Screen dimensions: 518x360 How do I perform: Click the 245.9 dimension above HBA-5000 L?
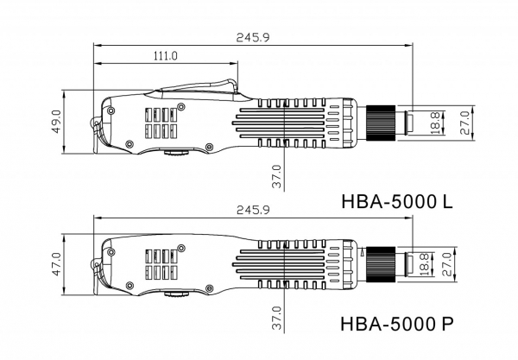coord(253,37)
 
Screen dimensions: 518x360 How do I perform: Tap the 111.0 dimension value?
coord(165,55)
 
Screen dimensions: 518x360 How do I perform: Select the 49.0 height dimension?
coord(56,122)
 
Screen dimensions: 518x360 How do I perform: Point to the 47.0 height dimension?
coord(56,264)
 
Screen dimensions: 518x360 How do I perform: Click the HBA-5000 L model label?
coord(397,201)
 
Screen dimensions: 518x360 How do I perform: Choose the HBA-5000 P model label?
coord(397,324)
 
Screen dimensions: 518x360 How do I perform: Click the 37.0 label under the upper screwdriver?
coord(277,177)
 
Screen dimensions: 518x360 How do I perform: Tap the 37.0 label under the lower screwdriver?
coord(277,318)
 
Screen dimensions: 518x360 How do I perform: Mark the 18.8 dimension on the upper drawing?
coord(435,123)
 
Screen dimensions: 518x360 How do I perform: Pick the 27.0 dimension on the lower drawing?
coord(446,264)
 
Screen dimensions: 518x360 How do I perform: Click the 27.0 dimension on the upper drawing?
coord(464,123)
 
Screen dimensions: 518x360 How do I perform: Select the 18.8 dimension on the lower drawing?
coord(424,264)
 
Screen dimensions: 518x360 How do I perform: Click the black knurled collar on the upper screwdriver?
coord(381,123)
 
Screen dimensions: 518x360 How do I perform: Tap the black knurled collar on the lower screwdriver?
coord(381,264)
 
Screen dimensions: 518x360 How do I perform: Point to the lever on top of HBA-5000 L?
coord(199,86)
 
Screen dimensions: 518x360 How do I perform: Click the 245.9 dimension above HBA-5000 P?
coord(253,210)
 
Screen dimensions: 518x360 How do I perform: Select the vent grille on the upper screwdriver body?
coord(161,123)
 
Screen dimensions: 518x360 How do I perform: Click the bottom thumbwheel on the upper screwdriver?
coord(177,153)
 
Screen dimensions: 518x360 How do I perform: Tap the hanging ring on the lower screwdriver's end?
coord(95,264)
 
